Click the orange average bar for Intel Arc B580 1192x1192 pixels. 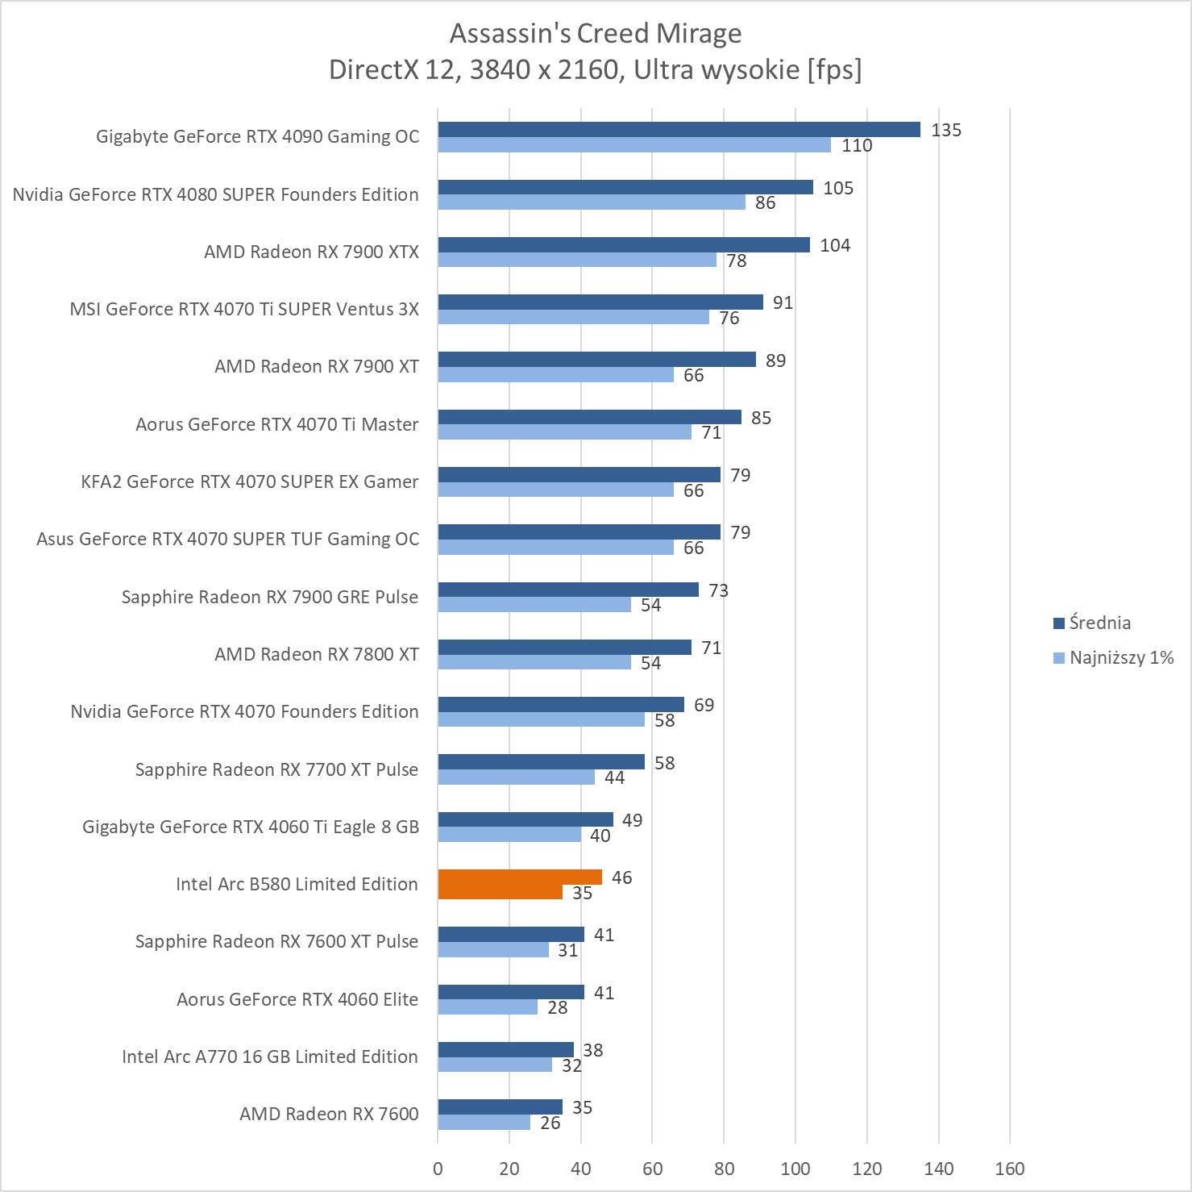520,877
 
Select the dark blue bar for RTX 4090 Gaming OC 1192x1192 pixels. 679,130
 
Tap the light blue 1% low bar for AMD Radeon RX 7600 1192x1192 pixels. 484,1123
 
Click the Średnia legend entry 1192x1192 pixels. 1092,623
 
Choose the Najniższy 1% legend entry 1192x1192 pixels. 1113,657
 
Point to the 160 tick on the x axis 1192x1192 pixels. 1009,1169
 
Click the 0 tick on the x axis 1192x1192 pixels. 438,1169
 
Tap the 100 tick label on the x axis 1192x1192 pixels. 795,1169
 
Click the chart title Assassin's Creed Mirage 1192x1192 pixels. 596,34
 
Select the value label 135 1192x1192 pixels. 946,130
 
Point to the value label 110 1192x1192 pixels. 857,146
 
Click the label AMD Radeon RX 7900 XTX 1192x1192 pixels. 311,252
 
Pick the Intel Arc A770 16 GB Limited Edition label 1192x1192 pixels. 269,1057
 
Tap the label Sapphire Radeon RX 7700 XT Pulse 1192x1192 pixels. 276,769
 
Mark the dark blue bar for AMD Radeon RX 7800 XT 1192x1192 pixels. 564,647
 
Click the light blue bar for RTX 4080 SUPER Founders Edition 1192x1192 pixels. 592,202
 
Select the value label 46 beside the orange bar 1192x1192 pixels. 621,877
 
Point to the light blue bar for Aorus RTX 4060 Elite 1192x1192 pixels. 488,1007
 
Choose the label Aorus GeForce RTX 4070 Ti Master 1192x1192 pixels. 276,424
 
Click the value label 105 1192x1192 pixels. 838,188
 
